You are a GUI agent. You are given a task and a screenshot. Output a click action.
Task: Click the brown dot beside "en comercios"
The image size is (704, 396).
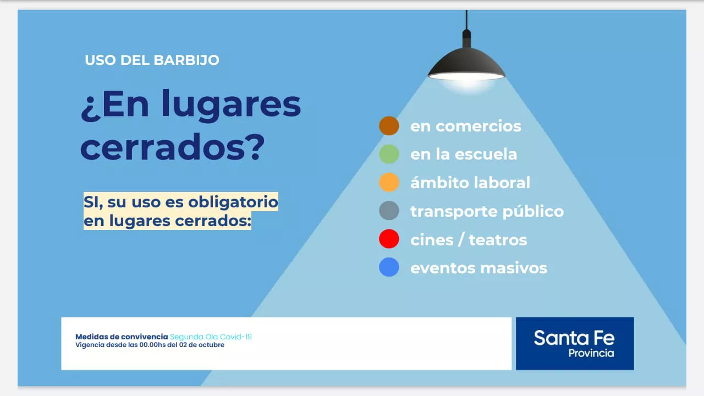(x=389, y=126)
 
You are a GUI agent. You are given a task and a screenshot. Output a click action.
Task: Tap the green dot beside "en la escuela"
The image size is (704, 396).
(x=389, y=154)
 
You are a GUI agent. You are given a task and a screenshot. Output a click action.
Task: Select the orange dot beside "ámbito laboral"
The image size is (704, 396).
(x=389, y=183)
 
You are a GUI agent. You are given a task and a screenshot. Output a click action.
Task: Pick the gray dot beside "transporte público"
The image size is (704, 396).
(x=389, y=211)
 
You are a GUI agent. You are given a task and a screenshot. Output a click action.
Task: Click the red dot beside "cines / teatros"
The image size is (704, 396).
(x=389, y=240)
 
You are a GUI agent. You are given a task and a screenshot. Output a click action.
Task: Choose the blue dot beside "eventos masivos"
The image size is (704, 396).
(x=389, y=268)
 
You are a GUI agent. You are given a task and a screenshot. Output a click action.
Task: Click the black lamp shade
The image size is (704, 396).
(x=466, y=64)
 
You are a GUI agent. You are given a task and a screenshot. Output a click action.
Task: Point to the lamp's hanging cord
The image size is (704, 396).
(x=466, y=19)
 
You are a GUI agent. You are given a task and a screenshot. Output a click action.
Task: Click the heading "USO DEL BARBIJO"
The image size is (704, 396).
(x=152, y=60)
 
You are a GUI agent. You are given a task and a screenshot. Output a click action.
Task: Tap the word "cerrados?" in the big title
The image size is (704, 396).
(x=173, y=147)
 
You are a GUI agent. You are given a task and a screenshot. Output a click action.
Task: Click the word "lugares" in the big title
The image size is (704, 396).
(x=232, y=106)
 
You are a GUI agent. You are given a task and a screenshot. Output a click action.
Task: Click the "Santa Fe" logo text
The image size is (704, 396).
(x=574, y=337)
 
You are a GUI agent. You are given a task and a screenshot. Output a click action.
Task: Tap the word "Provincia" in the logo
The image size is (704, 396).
(x=591, y=353)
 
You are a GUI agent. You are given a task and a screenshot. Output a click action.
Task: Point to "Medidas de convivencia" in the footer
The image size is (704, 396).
(x=121, y=337)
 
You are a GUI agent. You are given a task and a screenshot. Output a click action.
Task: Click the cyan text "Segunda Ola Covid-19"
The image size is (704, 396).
(x=211, y=337)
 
